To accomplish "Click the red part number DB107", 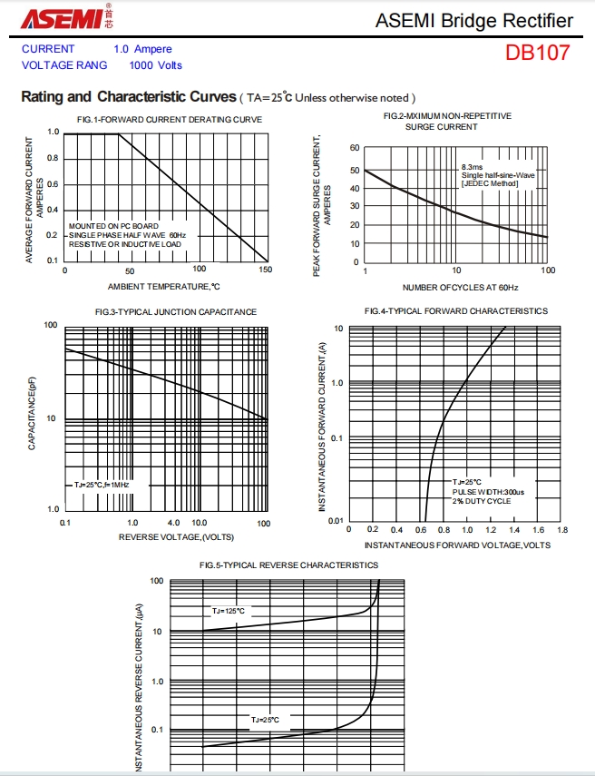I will pyautogui.click(x=538, y=53).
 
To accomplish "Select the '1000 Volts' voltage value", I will pyautogui.click(x=155, y=65).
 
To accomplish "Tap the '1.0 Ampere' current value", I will pyautogui.click(x=142, y=49).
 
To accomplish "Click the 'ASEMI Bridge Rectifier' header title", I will pyautogui.click(x=473, y=21).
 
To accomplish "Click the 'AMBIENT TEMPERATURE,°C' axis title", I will pyautogui.click(x=164, y=287).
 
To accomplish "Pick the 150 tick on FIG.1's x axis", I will pyautogui.click(x=265, y=270).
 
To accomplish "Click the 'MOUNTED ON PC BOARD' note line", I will pyautogui.click(x=113, y=226).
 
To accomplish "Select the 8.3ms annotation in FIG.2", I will pyautogui.click(x=473, y=167).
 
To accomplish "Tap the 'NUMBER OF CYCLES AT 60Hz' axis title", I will pyautogui.click(x=460, y=287).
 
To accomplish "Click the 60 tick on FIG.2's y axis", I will pyautogui.click(x=355, y=148).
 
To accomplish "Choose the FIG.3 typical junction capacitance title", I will pyautogui.click(x=176, y=312).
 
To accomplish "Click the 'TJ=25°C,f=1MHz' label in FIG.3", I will pyautogui.click(x=102, y=486).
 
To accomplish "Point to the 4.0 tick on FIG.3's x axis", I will pyautogui.click(x=174, y=524).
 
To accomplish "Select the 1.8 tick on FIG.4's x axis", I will pyautogui.click(x=561, y=529).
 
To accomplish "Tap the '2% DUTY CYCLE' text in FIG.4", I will pyautogui.click(x=482, y=501).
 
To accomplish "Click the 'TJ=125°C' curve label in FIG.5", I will pyautogui.click(x=229, y=611).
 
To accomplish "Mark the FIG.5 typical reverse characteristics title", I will pyautogui.click(x=288, y=565).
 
